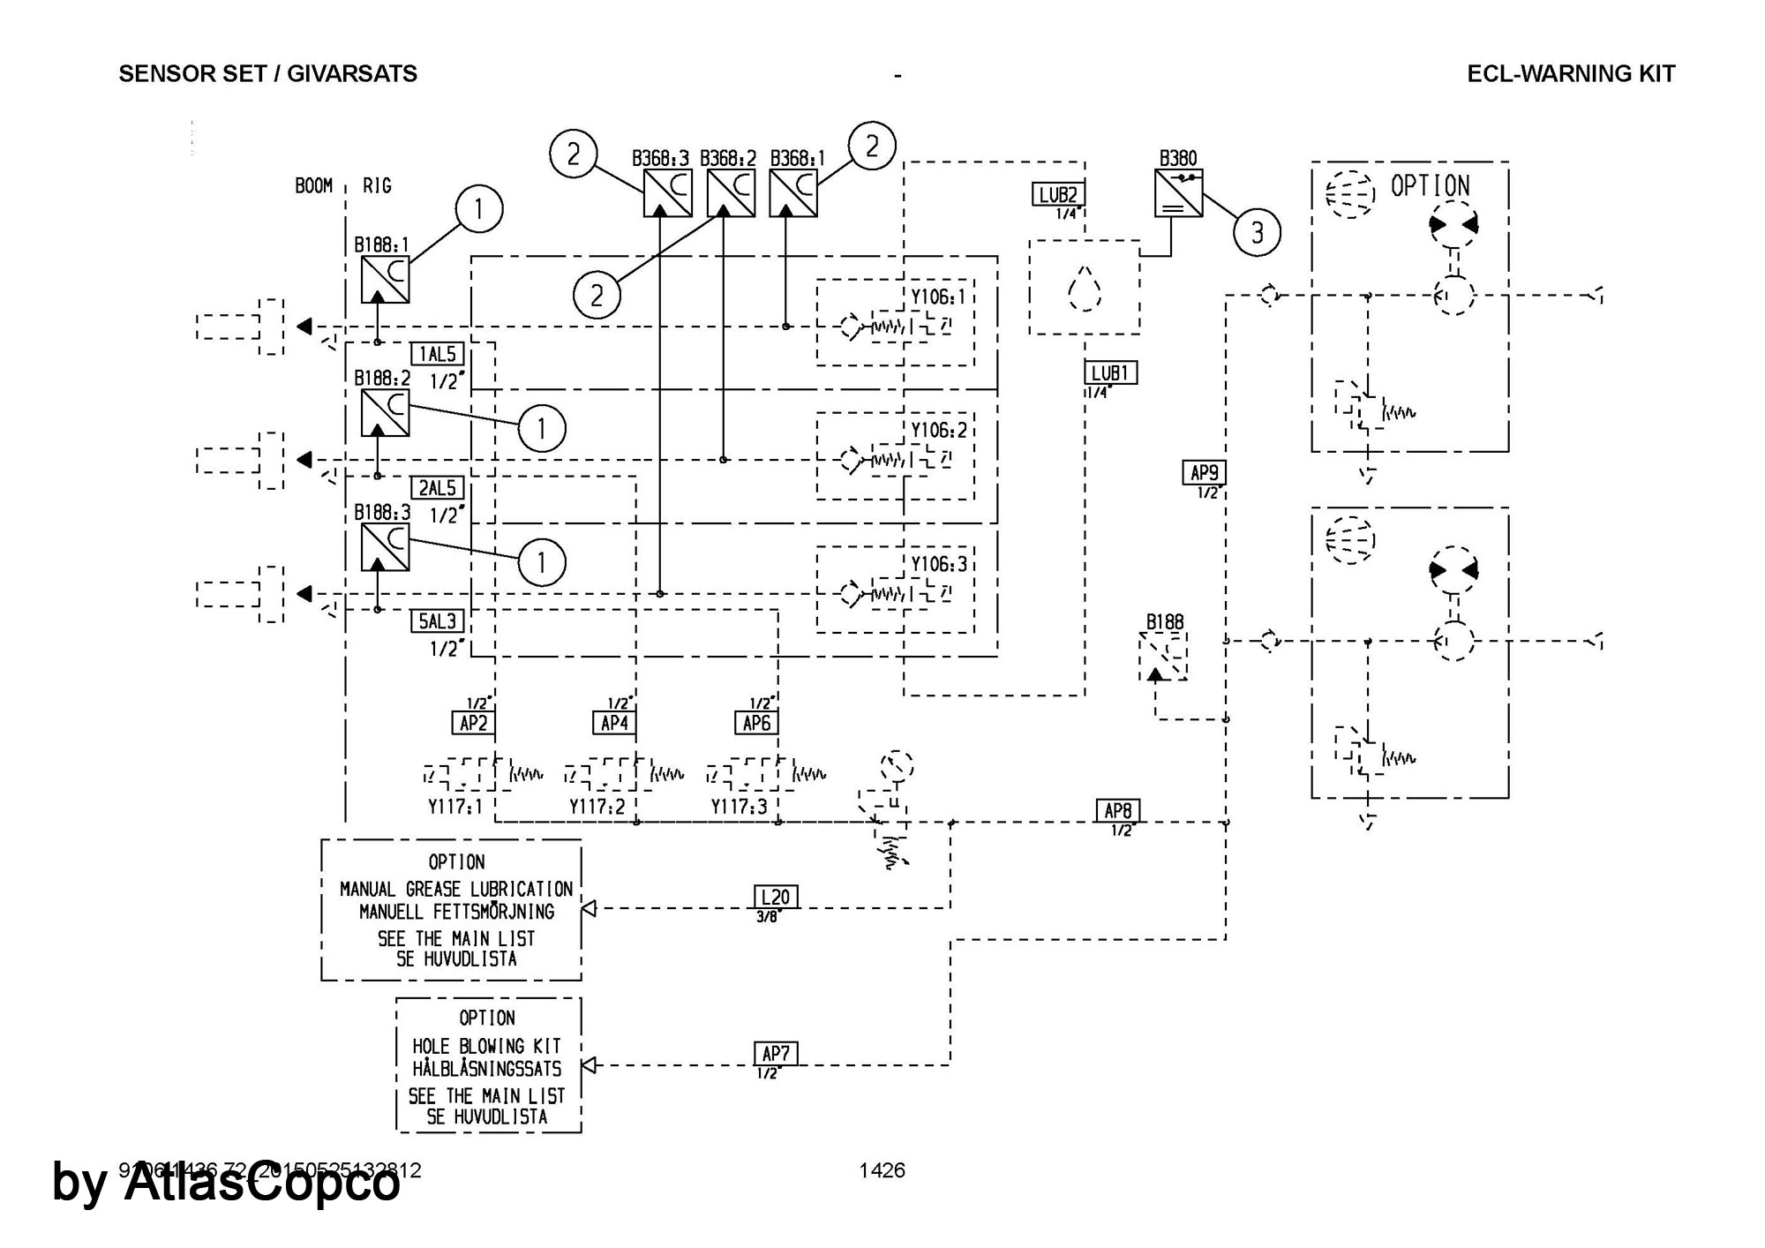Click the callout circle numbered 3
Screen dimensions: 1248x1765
[1257, 232]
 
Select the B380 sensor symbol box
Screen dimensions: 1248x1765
[1178, 193]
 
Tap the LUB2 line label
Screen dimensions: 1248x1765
[1058, 194]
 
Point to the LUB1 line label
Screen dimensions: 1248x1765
[1111, 372]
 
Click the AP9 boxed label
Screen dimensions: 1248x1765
[1205, 473]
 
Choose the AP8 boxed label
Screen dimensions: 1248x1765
[1118, 810]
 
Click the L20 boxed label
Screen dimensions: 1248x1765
[776, 897]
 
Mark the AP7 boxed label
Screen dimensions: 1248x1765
[776, 1053]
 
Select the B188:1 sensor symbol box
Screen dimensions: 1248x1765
[385, 279]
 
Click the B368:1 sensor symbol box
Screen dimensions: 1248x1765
[793, 193]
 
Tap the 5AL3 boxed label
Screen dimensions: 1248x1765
[437, 621]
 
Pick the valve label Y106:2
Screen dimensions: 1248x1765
[939, 431]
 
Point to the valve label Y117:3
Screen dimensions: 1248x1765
[740, 807]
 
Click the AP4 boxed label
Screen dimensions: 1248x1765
[614, 724]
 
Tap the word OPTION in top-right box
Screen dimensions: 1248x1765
[1431, 186]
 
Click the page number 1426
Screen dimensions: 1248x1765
[882, 1170]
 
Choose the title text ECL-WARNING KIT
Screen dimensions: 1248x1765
[1571, 74]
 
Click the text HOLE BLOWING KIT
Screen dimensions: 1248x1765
[487, 1046]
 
